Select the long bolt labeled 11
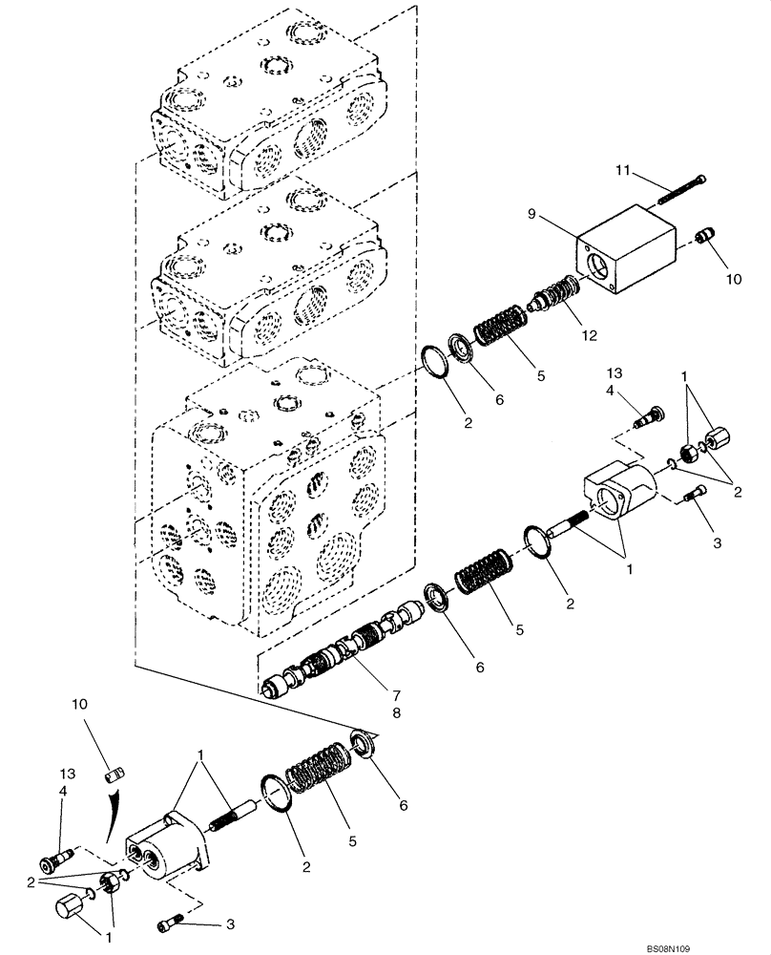680,190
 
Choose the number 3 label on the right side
717,542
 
